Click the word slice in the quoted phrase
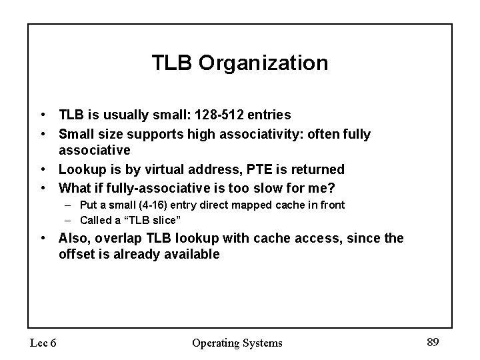click(163, 220)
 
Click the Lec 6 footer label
click(42, 343)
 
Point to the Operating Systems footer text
click(237, 343)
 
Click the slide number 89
click(433, 342)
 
